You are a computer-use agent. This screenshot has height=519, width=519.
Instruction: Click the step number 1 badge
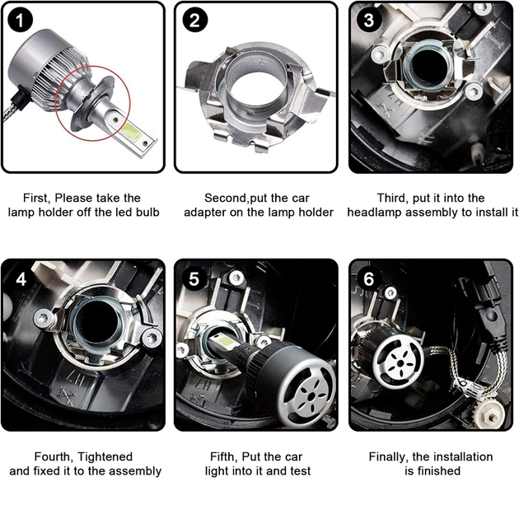(21, 20)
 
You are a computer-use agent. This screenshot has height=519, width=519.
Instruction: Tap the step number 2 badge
(195, 20)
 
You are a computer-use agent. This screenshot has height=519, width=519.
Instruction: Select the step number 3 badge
(369, 20)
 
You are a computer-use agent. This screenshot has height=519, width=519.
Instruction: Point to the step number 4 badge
(21, 279)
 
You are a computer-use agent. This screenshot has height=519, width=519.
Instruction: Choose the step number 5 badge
(194, 279)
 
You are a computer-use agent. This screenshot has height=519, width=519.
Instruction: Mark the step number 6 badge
(369, 279)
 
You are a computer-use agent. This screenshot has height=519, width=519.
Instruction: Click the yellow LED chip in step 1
(130, 131)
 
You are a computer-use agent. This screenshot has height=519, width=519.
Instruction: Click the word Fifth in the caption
(224, 456)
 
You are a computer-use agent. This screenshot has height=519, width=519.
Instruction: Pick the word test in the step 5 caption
(301, 471)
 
